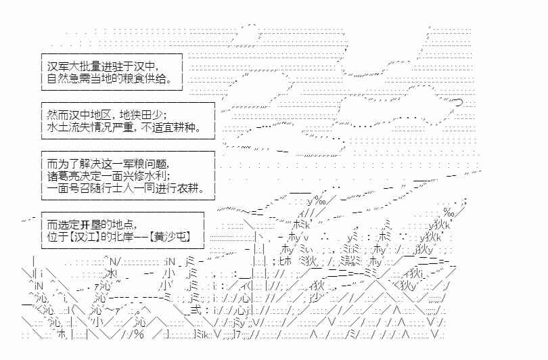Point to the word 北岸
click(x=124, y=237)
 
